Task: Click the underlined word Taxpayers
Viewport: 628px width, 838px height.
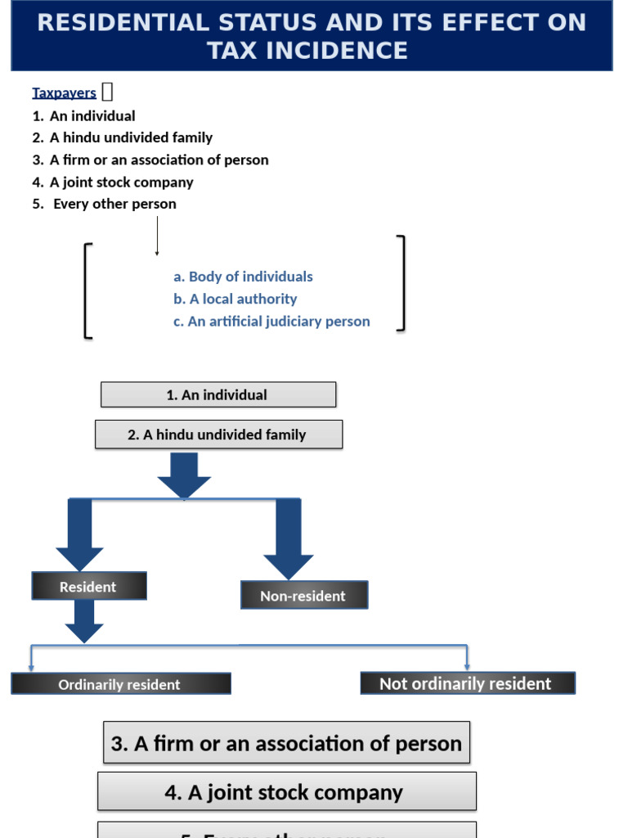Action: pyautogui.click(x=64, y=93)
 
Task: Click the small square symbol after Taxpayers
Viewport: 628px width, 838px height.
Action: pyautogui.click(x=107, y=92)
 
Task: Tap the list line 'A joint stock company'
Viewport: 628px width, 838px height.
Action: pyautogui.click(x=121, y=182)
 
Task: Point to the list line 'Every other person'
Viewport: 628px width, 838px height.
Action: pyautogui.click(x=114, y=205)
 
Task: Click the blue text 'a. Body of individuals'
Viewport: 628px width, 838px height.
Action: pyautogui.click(x=243, y=277)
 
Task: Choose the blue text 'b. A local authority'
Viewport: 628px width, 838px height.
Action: pyautogui.click(x=235, y=300)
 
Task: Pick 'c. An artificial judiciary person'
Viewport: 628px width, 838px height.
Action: pyautogui.click(x=271, y=322)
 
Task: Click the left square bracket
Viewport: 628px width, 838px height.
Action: pyautogui.click(x=87, y=291)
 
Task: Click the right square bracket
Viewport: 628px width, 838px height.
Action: pyautogui.click(x=401, y=283)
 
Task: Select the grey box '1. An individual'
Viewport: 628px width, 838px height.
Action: pyautogui.click(x=218, y=394)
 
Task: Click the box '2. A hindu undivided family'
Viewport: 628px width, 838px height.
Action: pyautogui.click(x=218, y=435)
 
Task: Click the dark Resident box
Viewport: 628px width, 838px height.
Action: pyautogui.click(x=88, y=587)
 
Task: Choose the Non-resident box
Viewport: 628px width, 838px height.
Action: pyautogui.click(x=303, y=596)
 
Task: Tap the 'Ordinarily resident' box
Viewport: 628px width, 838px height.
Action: pyautogui.click(x=120, y=684)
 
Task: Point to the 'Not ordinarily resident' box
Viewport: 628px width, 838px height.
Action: pyautogui.click(x=467, y=683)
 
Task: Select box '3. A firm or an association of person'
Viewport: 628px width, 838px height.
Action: pyautogui.click(x=286, y=743)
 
